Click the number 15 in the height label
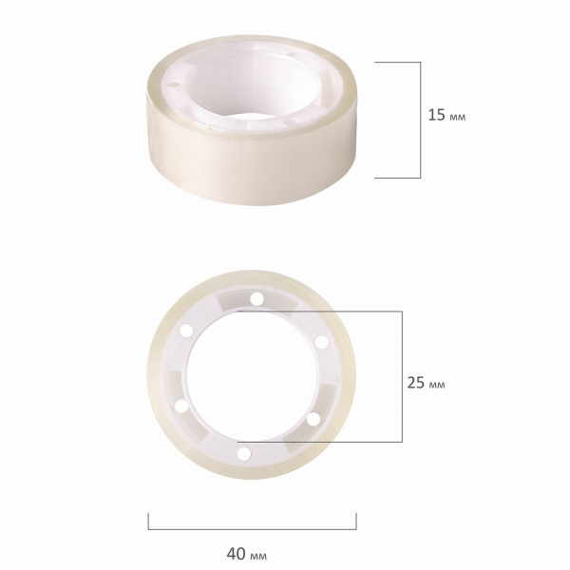point(436,115)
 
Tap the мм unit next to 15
point(458,117)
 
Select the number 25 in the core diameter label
point(415,383)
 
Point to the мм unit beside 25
point(437,385)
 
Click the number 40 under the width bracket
point(236,554)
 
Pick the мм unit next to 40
point(258,556)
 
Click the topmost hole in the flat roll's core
point(256,299)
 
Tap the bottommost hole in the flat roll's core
point(244,454)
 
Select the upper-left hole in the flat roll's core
point(186,331)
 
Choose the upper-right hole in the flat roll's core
point(322,342)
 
